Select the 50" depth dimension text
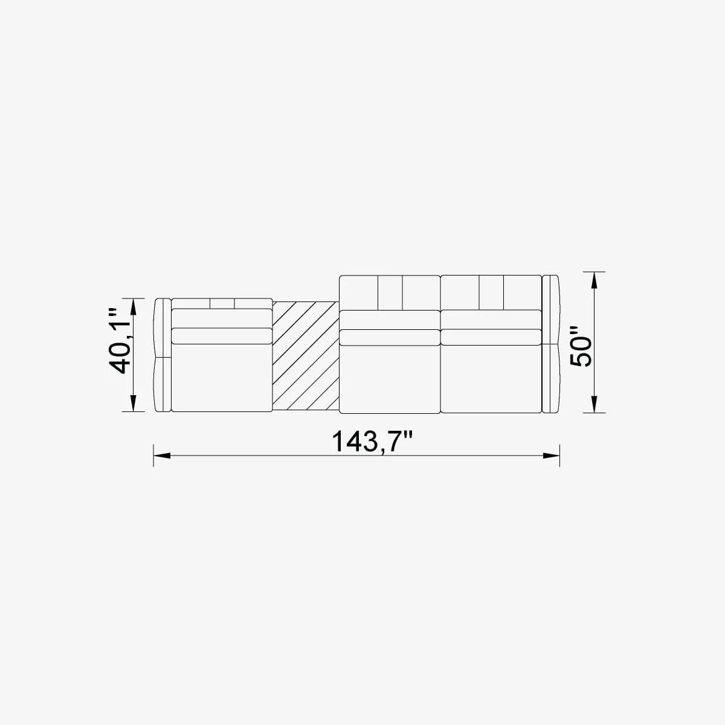coord(582,347)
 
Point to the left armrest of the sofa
coord(163,355)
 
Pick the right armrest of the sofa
coord(550,344)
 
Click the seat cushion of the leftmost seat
coord(222,378)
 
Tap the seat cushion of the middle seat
coord(390,379)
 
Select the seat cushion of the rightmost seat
coord(491,379)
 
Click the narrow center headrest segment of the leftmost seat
coord(222,303)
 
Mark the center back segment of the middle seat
coord(390,292)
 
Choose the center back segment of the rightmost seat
coord(491,292)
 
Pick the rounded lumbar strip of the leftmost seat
coord(222,336)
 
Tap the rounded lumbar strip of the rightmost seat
coord(491,337)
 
